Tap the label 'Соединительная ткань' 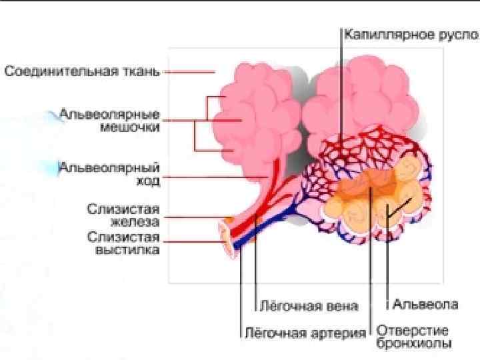(83, 71)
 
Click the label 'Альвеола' (425, 305)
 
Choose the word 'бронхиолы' (414, 343)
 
